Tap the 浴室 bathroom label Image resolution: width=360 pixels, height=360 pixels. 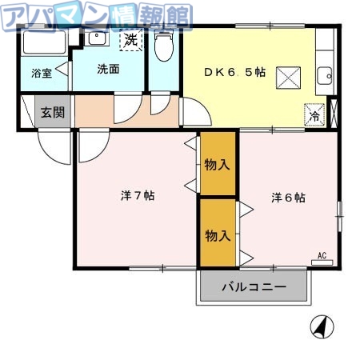pos(41,74)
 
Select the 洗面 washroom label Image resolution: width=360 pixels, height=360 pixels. pos(108,69)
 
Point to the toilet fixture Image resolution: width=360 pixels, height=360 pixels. pos(164,47)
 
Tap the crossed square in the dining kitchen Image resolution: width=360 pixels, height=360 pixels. pos(287,77)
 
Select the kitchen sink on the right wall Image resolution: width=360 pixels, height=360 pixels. pos(324,77)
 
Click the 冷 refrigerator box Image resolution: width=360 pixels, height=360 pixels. pos(314,114)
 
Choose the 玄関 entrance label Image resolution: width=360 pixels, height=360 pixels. pos(54,112)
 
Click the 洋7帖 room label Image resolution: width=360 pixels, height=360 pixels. pos(138,196)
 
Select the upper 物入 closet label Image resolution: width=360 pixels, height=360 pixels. pos(218,165)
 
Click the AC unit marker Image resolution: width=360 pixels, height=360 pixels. pos(322,257)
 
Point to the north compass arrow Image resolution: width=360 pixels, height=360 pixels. pos(321,326)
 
